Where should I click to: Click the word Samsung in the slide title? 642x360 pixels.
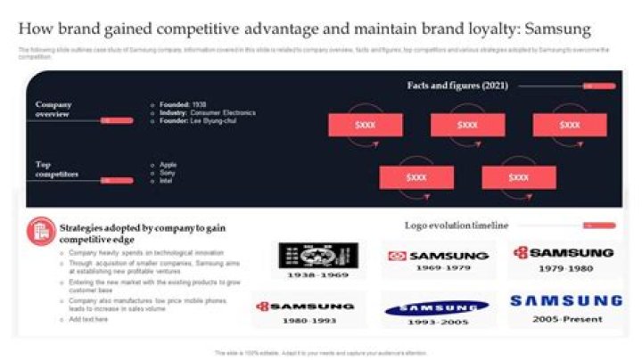click(557, 29)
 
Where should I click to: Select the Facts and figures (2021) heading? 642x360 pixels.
click(457, 86)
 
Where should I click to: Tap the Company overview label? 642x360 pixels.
click(53, 109)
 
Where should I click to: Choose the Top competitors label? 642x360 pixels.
click(56, 169)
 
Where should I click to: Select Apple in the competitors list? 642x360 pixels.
click(169, 164)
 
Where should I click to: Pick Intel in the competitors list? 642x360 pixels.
click(167, 181)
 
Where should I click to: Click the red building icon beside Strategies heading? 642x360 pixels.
click(39, 230)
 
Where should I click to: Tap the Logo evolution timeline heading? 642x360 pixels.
click(456, 225)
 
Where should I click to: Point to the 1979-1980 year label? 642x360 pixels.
click(564, 267)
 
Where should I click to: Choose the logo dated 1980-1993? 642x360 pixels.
click(306, 307)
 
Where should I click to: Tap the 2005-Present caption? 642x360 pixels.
click(566, 318)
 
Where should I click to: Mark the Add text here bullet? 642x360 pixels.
click(88, 318)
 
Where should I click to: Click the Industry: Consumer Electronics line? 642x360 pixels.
click(207, 112)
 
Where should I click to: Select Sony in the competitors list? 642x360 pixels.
click(168, 172)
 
